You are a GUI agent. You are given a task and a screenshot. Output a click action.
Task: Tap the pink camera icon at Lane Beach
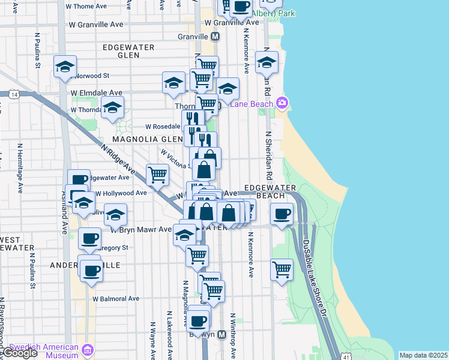point(283,103)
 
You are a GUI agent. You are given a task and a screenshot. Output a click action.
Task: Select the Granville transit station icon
point(214,36)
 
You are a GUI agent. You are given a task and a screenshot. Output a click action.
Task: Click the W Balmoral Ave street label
point(116,298)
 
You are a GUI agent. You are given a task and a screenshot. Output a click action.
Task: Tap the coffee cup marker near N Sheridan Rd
point(281,214)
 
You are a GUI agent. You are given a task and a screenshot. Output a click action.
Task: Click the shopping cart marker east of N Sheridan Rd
point(282,270)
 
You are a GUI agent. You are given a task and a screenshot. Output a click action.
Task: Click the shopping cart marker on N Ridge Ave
point(157,175)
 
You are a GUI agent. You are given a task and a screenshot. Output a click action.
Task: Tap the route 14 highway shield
point(13,94)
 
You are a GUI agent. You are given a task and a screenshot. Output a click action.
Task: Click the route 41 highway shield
point(346,356)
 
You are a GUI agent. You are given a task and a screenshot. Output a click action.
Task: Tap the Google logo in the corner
point(19,353)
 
